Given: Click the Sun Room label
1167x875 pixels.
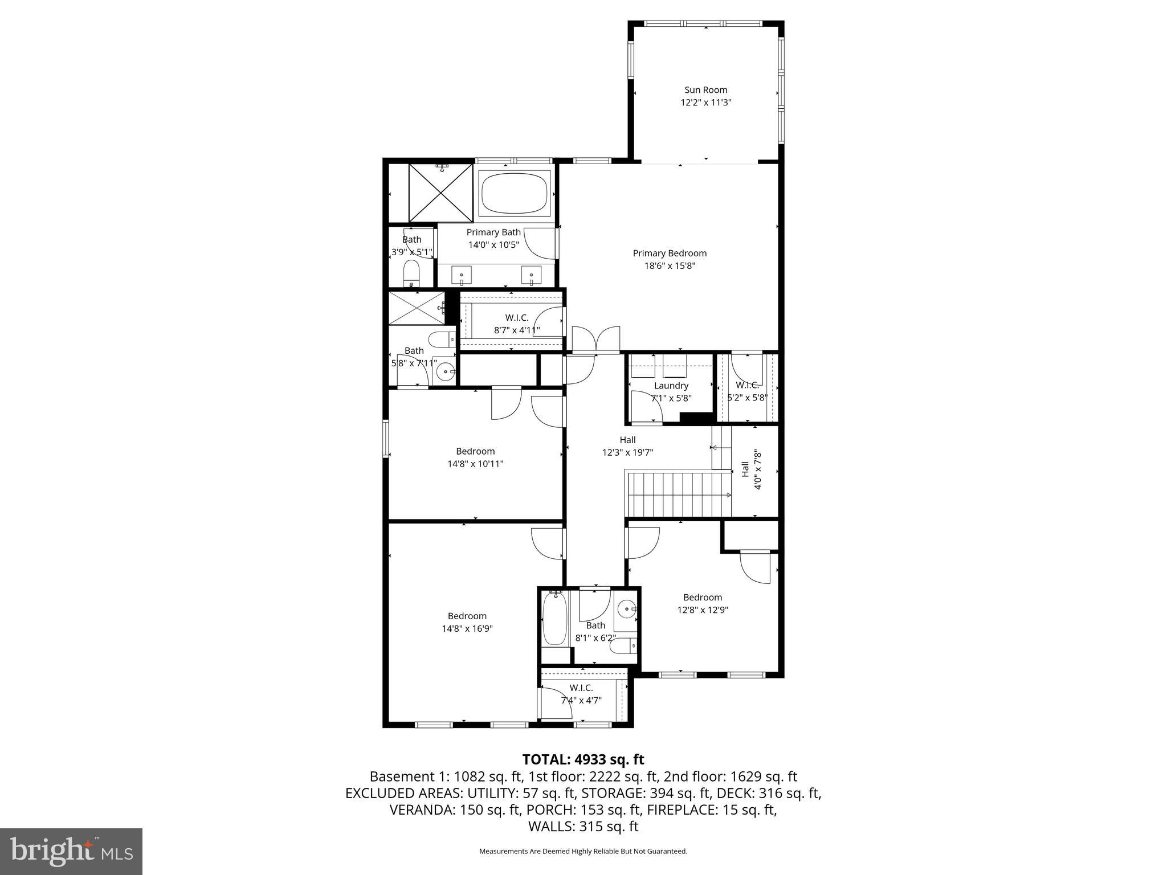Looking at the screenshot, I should click(705, 90).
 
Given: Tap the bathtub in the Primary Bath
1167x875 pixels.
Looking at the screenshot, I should click(515, 193).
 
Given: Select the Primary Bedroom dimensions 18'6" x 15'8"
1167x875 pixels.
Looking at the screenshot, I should click(670, 266).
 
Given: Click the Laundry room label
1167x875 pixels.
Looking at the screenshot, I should click(671, 386).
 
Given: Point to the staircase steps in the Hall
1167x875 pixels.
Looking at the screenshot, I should click(678, 494).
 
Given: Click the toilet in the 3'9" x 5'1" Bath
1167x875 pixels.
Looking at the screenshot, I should click(411, 274).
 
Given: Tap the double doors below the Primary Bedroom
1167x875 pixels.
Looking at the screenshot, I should click(595, 340).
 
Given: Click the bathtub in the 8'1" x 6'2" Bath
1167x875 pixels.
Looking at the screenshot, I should click(554, 618).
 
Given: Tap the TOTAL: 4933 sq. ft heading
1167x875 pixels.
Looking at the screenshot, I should click(583, 759).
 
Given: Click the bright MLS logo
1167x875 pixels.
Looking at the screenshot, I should click(71, 851).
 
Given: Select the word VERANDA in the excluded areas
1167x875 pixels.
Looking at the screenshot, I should click(421, 809).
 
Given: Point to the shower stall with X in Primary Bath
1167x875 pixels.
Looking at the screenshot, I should click(441, 193).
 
